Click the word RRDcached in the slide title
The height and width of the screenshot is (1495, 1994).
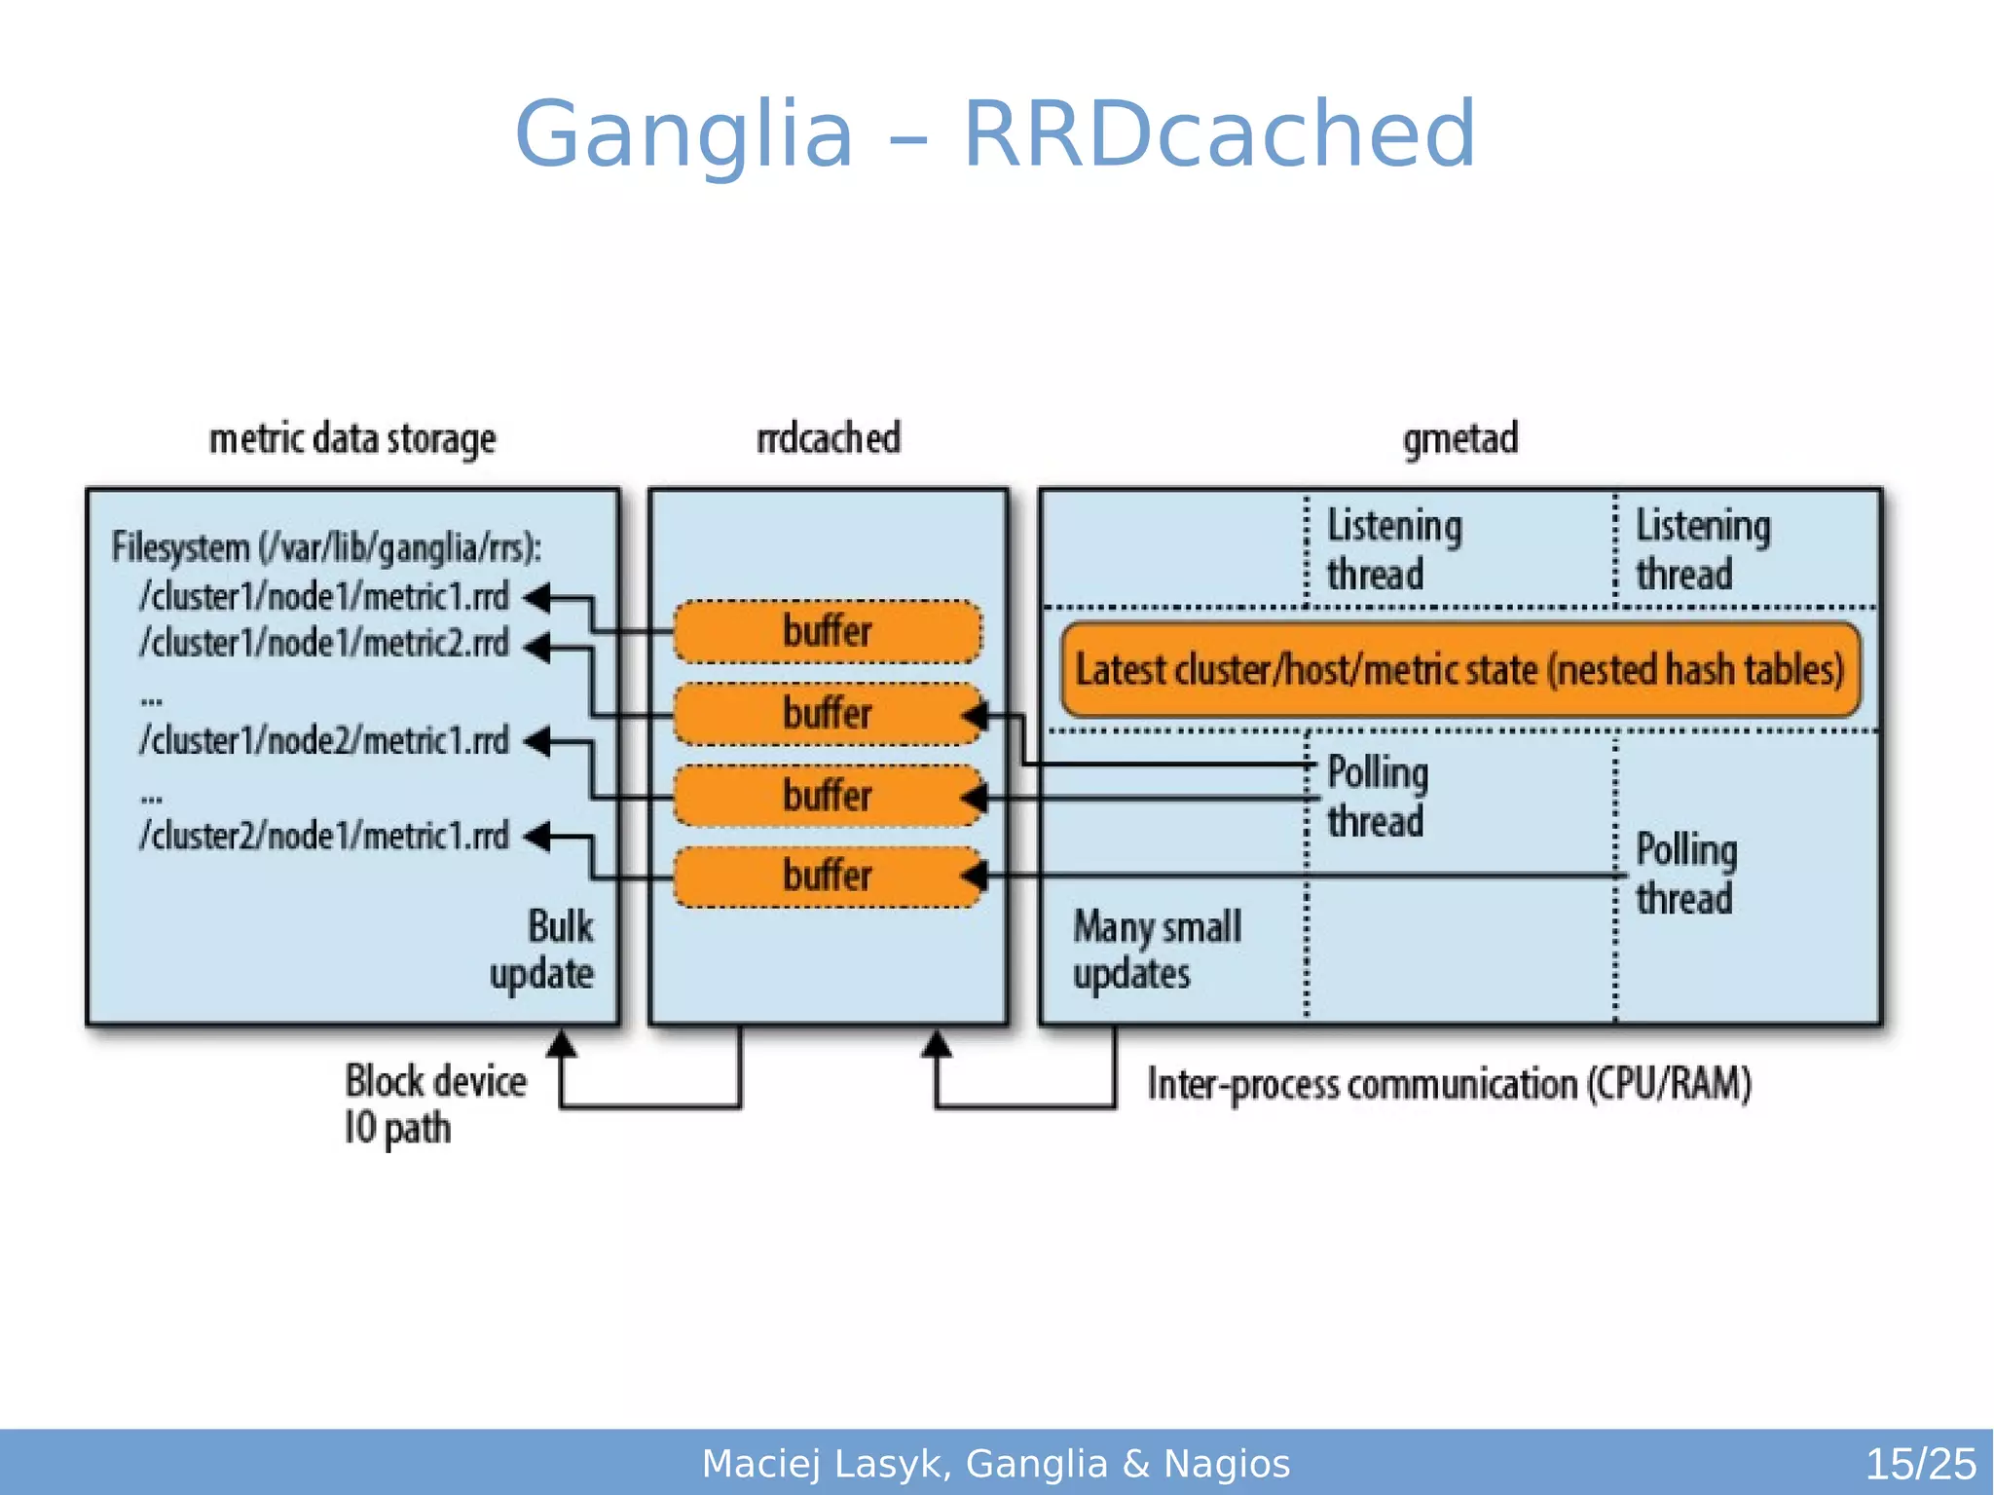click(x=1219, y=134)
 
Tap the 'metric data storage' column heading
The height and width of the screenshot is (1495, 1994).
click(x=352, y=439)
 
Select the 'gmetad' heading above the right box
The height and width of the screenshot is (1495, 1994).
click(x=1459, y=438)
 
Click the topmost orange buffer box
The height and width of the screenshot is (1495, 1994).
click(x=828, y=631)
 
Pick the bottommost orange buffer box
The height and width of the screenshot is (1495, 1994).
click(x=828, y=876)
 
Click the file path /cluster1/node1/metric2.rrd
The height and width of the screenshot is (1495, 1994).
click(x=324, y=644)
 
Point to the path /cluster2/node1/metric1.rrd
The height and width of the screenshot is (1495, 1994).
click(x=324, y=836)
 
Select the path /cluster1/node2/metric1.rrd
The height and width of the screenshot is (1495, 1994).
click(x=324, y=741)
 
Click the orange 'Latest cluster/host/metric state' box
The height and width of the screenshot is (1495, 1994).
click(x=1459, y=670)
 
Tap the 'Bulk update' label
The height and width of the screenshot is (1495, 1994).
click(x=546, y=950)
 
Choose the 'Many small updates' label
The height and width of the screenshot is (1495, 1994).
click(x=1156, y=950)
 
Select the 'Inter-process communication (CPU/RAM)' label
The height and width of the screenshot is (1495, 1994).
click(x=1449, y=1084)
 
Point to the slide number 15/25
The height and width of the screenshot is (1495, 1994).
click(x=1919, y=1464)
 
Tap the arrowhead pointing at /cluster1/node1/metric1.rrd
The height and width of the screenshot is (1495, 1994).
click(x=537, y=597)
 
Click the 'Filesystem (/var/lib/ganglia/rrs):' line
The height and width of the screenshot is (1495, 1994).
click(x=326, y=547)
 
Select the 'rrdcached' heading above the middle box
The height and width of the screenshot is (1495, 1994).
click(x=829, y=438)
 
